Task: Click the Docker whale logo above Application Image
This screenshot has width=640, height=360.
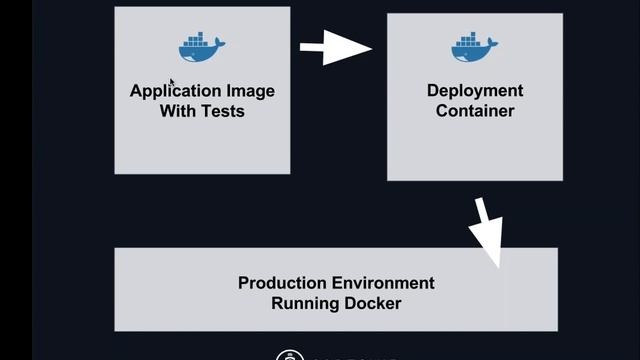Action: (x=201, y=47)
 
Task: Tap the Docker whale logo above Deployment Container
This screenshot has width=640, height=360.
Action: (x=474, y=47)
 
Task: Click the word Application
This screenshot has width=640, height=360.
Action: (x=176, y=91)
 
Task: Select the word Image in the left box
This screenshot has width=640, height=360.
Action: (x=250, y=91)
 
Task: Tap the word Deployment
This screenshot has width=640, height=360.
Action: (x=475, y=91)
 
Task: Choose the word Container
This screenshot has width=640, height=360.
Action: (x=475, y=111)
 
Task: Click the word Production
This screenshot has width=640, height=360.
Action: (x=281, y=283)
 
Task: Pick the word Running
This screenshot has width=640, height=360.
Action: (x=304, y=303)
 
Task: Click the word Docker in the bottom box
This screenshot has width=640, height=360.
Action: (x=372, y=303)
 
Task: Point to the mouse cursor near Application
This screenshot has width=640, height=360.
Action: (x=172, y=83)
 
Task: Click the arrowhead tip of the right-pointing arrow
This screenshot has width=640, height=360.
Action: (x=370, y=47)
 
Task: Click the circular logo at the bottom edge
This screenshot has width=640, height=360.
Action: (x=290, y=355)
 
